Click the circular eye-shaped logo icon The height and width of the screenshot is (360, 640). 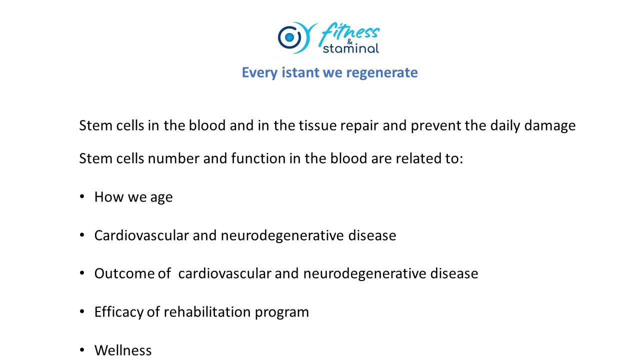pos(289,37)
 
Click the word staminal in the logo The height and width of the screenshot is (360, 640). pos(351,48)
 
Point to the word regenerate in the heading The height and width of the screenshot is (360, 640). pos(382,73)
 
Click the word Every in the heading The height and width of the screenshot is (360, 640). pos(259,73)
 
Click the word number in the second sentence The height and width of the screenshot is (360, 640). pos(173,158)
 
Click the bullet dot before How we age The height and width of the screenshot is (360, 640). pos(82,196)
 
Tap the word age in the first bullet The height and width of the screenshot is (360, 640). pos(161,197)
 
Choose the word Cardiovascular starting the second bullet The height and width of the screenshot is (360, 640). pos(141,235)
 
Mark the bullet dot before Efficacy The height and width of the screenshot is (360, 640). pos(82,311)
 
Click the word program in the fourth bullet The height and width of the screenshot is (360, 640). pos(281,312)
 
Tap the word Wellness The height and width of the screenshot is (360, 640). pos(123,350)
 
